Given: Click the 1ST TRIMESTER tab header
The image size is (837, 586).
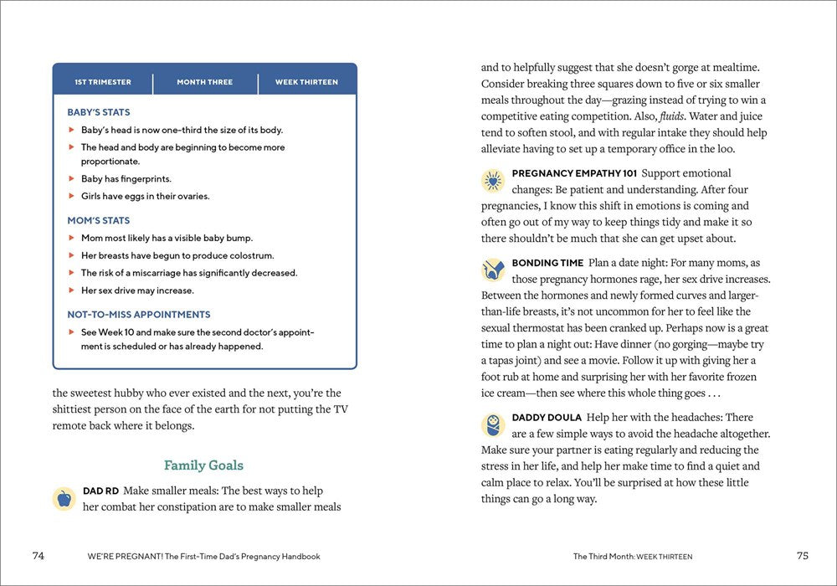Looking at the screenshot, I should (x=103, y=82).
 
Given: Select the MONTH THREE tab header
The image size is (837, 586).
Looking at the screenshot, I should (x=205, y=82).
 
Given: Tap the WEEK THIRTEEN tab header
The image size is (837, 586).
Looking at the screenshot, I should (x=306, y=82).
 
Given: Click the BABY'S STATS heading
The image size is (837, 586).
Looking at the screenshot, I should (x=99, y=112).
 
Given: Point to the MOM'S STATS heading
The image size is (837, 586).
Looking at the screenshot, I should (x=99, y=221).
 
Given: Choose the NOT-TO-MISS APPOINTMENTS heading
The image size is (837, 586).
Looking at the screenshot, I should (x=139, y=315).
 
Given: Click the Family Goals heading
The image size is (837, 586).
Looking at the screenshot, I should (x=203, y=465).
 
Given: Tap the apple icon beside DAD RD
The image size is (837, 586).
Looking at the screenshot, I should (x=64, y=499).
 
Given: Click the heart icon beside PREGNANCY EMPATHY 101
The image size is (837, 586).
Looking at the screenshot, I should (x=492, y=181).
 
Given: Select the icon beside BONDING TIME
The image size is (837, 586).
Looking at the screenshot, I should (x=492, y=270).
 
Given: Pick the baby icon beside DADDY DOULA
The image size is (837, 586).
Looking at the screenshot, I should (x=492, y=424).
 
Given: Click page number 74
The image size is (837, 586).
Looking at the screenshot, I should (x=39, y=556).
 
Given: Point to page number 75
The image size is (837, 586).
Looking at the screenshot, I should (x=802, y=556).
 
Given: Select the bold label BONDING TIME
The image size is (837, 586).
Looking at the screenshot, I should (x=547, y=263).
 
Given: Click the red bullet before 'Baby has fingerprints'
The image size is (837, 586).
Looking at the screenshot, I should (x=72, y=179).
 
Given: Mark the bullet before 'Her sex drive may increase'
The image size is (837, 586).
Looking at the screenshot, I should (x=72, y=290).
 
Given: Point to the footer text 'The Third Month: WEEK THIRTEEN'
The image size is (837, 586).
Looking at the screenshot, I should (x=632, y=557).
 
